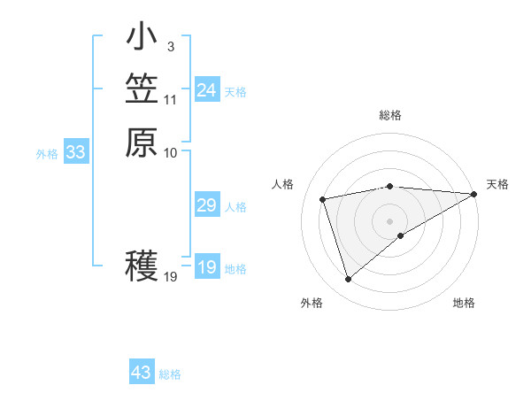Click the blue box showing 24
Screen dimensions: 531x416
[207, 90]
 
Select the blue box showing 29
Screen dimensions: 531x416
[207, 205]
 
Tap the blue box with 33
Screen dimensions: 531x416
[76, 152]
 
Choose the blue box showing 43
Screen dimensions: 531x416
[142, 373]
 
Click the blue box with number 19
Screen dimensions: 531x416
[207, 267]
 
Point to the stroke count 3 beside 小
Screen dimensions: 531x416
[170, 45]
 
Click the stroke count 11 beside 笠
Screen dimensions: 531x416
[171, 99]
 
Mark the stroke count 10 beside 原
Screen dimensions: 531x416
[171, 152]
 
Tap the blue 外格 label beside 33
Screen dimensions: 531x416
[47, 154]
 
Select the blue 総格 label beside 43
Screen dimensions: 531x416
[171, 374]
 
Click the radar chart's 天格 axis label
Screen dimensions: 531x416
[497, 184]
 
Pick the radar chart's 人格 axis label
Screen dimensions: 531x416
[283, 184]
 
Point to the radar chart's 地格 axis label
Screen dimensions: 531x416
[464, 304]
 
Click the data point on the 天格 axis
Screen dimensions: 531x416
[474, 194]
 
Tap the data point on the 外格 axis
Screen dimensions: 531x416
[348, 280]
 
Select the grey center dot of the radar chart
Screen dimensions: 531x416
[390, 220]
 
